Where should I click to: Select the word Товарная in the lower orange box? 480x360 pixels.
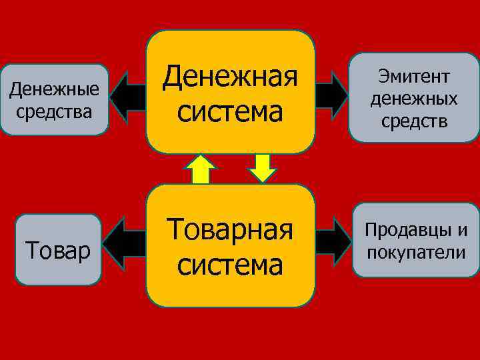point(230,229)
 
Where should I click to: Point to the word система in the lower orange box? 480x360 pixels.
point(230,263)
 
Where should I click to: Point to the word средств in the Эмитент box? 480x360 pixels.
point(414,122)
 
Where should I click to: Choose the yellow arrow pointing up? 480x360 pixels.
point(199,169)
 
